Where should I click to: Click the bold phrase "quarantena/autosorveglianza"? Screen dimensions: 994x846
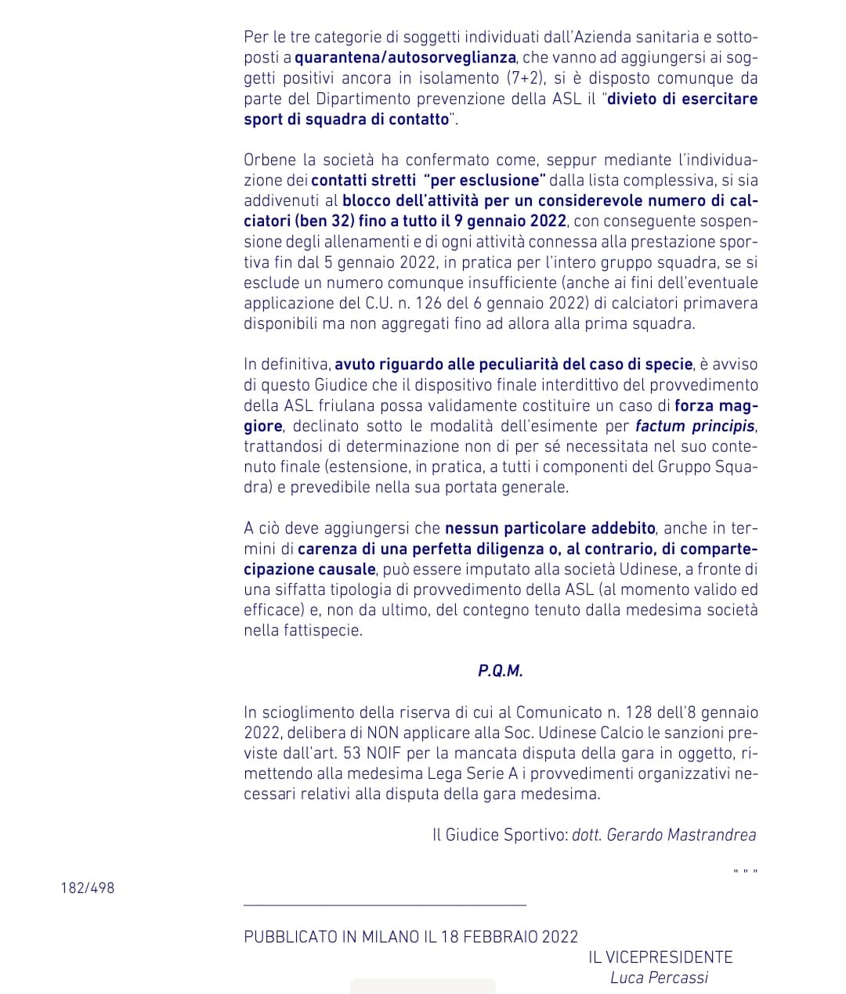click(405, 57)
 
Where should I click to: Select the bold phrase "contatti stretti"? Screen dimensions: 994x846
click(363, 180)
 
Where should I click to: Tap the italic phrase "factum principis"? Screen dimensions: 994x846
click(695, 426)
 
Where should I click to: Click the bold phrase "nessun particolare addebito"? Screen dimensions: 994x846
click(550, 528)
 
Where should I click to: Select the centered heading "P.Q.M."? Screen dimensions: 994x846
click(501, 671)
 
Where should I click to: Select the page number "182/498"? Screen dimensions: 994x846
click(88, 888)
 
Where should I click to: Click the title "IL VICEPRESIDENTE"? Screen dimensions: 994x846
click(660, 957)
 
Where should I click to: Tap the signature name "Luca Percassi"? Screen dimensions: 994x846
click(659, 978)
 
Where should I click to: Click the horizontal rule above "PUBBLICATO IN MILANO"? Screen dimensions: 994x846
click(385, 906)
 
